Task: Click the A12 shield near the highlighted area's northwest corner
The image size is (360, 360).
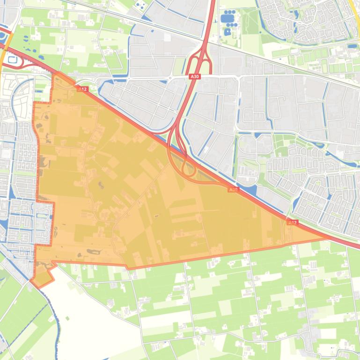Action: [x=83, y=89]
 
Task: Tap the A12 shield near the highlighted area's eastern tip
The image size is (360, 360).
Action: [x=293, y=223]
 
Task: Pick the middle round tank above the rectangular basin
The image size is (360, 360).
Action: [x=229, y=9]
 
